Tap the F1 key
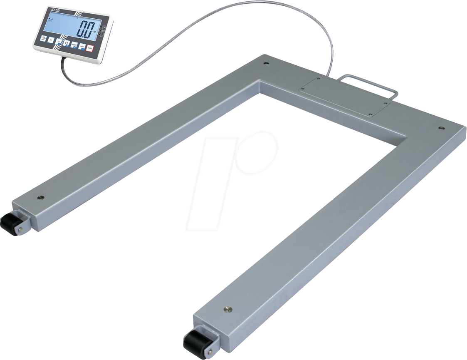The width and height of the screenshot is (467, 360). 51,40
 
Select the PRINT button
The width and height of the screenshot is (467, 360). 74,45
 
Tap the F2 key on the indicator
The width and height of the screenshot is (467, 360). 59,42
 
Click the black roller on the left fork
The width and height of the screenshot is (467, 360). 11,224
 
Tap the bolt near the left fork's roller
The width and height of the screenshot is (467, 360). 40,197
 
